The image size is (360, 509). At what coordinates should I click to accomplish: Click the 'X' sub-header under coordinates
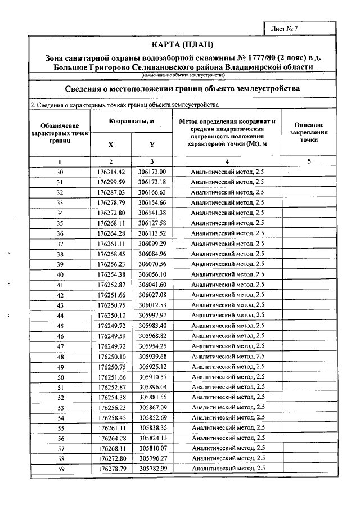pos(111,144)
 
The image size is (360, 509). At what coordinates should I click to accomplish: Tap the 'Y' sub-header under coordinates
pos(152,144)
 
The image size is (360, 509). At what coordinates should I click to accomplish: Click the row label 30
pos(60,172)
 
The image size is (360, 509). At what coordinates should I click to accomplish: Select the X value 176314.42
pos(111,172)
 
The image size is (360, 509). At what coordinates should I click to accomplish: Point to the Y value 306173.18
pos(152,182)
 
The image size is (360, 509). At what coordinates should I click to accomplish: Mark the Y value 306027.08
pos(152,295)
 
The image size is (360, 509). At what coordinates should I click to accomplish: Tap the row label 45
pos(60,326)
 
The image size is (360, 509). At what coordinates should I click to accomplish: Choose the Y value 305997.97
pos(152,315)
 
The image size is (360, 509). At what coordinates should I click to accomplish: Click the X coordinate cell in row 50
pos(111,377)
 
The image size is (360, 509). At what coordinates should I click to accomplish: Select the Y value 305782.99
pos(152,469)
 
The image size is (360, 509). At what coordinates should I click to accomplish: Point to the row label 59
pos(60,469)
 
